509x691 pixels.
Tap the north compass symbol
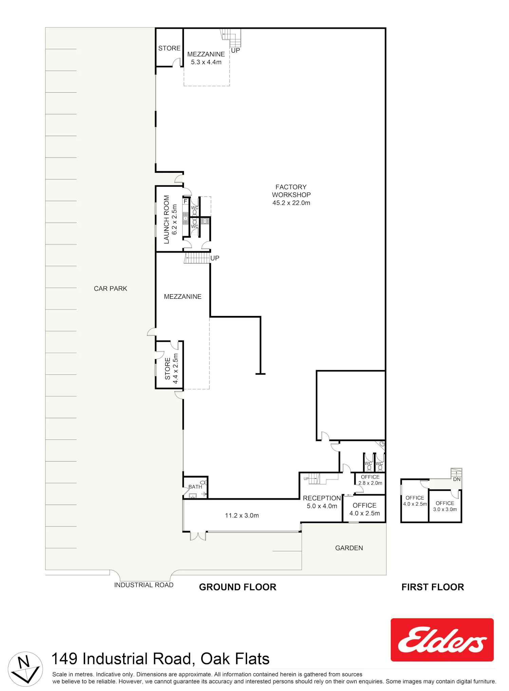(x=25, y=669)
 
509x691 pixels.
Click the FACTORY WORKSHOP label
(x=291, y=195)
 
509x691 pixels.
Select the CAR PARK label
(x=110, y=288)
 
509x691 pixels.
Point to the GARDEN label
(x=349, y=548)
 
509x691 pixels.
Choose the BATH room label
(x=195, y=487)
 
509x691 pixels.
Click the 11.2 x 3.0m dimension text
(x=242, y=515)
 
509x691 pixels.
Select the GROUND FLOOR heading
(x=238, y=587)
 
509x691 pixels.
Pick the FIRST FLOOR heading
(x=433, y=587)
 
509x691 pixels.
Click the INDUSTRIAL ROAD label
(x=144, y=585)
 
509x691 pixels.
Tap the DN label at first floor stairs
(x=457, y=479)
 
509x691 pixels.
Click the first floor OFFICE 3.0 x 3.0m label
(x=445, y=506)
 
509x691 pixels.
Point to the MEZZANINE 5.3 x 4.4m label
(x=206, y=58)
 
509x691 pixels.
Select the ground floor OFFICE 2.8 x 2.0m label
(x=370, y=480)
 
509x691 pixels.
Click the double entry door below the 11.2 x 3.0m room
(x=198, y=536)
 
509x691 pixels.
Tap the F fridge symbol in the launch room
(x=185, y=201)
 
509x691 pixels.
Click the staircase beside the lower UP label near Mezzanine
(x=197, y=258)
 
